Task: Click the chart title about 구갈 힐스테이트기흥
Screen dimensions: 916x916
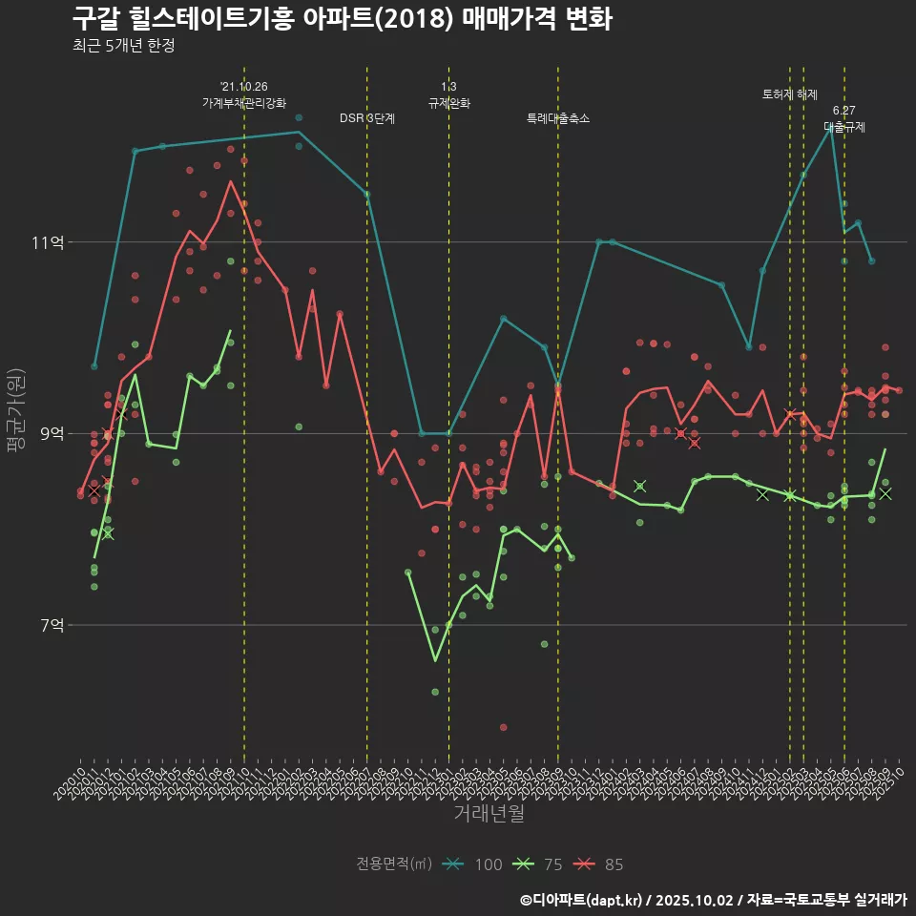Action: point(342,18)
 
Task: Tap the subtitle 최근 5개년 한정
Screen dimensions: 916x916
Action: point(123,46)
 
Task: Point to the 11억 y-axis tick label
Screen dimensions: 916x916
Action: point(47,242)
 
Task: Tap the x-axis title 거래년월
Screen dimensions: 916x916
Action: point(489,814)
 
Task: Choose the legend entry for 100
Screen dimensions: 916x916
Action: point(473,864)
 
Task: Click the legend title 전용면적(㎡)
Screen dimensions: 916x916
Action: point(394,864)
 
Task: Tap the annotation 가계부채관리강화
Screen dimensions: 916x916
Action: point(244,103)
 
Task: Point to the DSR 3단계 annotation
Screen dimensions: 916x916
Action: point(367,118)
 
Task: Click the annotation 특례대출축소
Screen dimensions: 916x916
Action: point(558,118)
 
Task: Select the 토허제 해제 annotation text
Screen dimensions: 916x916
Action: point(790,94)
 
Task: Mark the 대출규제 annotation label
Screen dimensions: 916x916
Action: point(844,126)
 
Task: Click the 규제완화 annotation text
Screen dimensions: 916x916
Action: point(448,103)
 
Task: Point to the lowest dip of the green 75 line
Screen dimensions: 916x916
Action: point(435,660)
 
